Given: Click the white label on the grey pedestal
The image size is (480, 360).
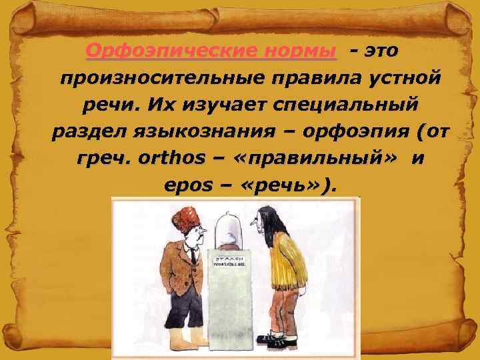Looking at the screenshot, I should pyautogui.click(x=228, y=262).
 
